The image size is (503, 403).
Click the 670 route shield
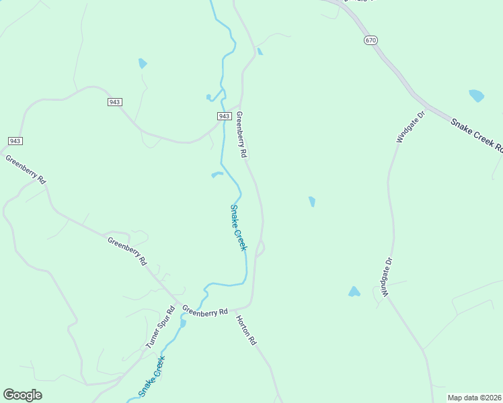(371, 40)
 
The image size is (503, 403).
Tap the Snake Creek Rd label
(476, 136)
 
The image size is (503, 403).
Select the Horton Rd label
(247, 331)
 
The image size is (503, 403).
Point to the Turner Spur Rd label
(161, 327)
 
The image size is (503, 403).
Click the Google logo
(22, 395)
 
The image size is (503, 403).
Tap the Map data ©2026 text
(474, 398)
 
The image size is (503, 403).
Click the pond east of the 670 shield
(476, 95)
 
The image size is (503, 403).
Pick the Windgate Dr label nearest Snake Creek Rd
(412, 127)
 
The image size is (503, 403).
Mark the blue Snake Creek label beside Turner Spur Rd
(152, 376)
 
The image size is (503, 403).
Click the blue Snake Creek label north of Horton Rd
(239, 228)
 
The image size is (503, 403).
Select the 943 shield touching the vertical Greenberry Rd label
(225, 116)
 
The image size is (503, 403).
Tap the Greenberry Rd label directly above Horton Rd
(205, 312)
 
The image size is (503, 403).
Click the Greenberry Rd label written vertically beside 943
(241, 135)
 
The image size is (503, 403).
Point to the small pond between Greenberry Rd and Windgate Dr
(311, 201)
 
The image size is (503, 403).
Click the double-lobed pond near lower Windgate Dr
(354, 292)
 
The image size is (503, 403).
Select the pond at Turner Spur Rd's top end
(182, 323)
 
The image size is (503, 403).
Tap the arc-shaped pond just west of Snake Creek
(217, 175)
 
